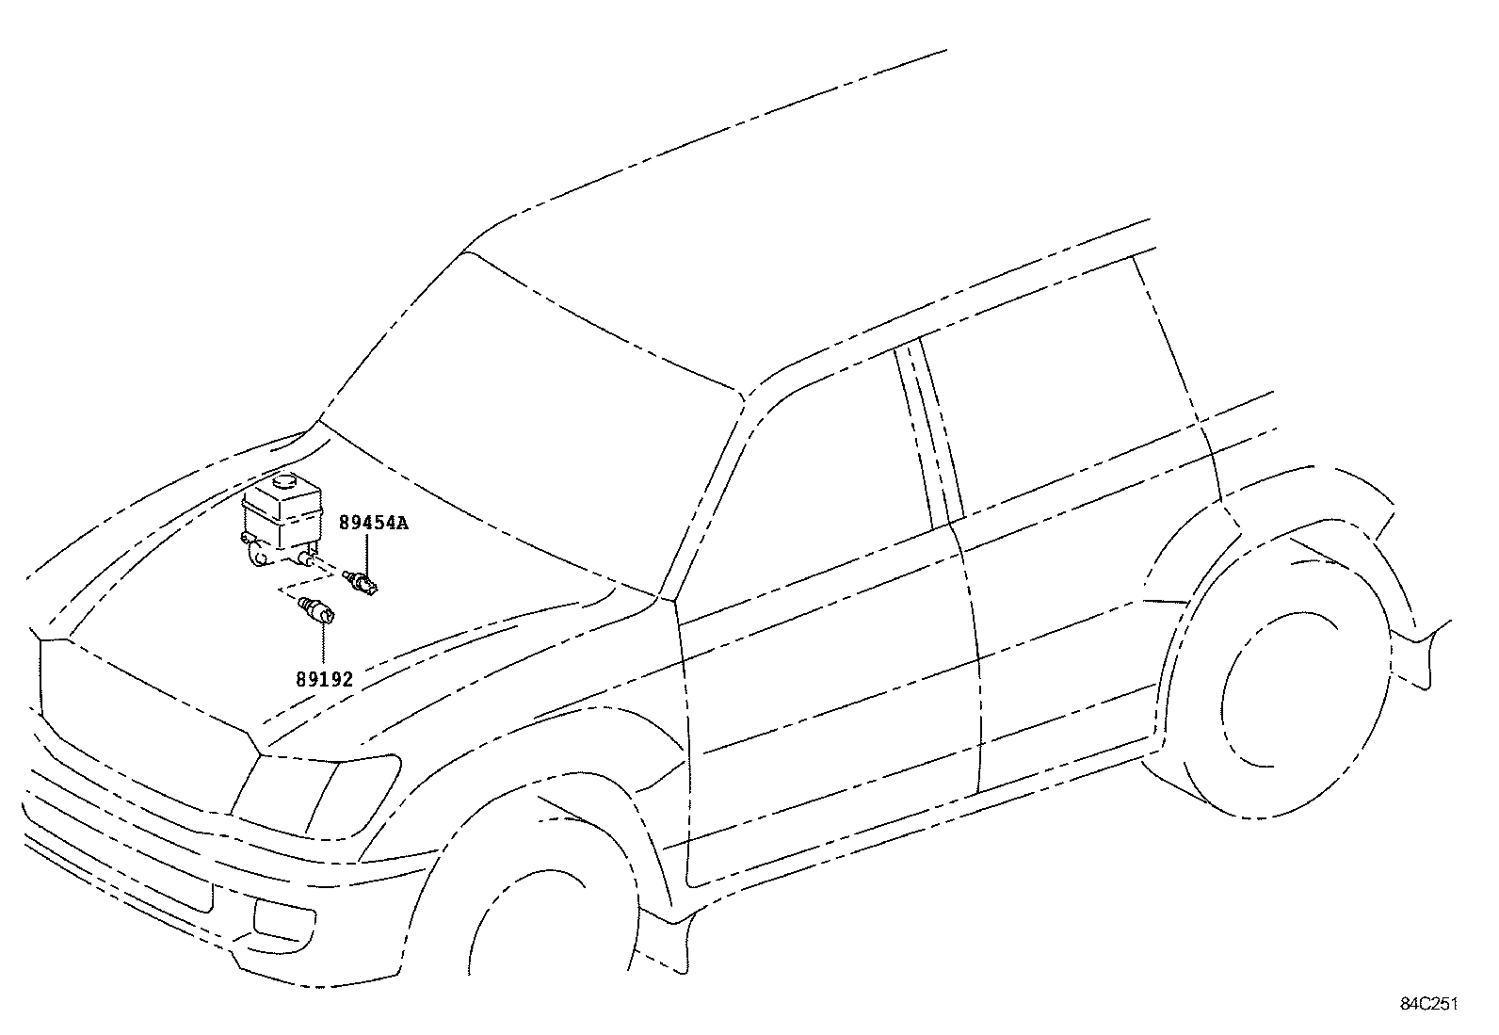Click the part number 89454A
374,523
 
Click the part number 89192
325,680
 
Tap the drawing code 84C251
1429,1004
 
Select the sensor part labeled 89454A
361,582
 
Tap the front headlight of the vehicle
315,796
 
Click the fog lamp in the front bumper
283,920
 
